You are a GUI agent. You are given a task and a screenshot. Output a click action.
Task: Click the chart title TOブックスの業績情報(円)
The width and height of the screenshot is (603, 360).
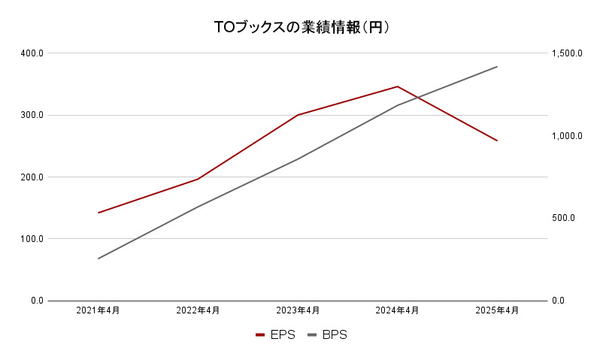click(x=301, y=28)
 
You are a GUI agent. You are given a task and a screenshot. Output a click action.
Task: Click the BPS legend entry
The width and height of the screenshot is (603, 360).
click(x=328, y=335)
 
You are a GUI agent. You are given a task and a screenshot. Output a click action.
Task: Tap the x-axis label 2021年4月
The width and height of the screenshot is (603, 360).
click(x=98, y=310)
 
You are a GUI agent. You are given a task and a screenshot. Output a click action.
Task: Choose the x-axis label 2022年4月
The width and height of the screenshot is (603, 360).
click(x=198, y=310)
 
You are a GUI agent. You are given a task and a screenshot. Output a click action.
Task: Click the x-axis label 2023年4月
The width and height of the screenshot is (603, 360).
click(x=298, y=310)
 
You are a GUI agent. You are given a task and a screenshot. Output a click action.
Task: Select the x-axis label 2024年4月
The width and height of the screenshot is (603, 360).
click(x=398, y=310)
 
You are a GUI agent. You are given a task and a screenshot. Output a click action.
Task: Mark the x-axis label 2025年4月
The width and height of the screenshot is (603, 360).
click(x=497, y=310)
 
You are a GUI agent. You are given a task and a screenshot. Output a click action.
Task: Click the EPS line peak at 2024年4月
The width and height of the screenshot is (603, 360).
click(x=398, y=86)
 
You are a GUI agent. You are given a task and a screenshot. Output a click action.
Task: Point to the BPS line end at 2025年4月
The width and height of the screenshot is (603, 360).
click(x=497, y=67)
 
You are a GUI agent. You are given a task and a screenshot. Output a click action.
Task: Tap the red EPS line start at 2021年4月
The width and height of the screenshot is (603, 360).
click(x=98, y=213)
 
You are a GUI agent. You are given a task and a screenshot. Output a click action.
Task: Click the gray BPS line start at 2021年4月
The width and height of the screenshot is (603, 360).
click(x=98, y=259)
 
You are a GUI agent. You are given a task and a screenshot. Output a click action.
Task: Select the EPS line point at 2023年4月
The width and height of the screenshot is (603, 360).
click(x=298, y=115)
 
